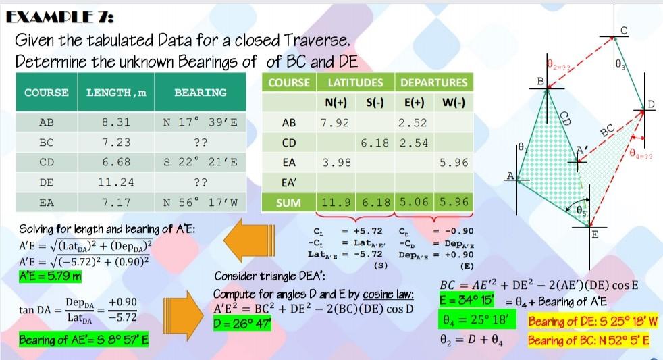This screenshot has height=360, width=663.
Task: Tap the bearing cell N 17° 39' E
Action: [200, 123]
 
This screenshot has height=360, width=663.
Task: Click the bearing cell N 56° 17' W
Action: [200, 202]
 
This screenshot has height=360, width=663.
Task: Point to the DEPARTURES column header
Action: [433, 82]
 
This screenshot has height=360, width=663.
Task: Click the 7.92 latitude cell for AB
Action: [336, 124]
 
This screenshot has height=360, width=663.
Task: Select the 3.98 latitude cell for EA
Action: [336, 163]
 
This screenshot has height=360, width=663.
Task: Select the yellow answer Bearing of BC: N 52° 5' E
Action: [589, 340]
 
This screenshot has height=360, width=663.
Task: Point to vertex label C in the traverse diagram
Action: [625, 29]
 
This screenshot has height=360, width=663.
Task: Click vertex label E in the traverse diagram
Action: [594, 235]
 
